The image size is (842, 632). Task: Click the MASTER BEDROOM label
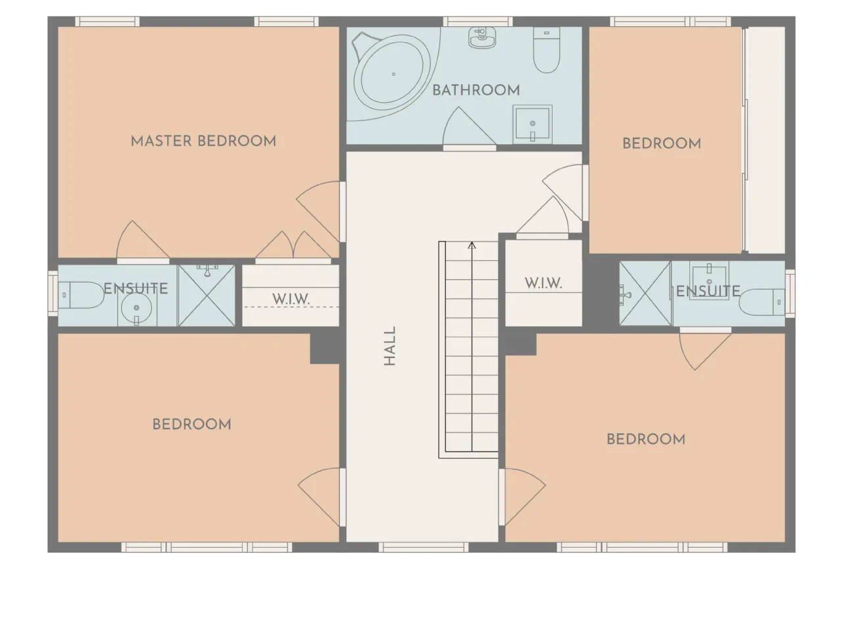203,141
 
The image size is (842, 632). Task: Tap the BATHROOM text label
476,91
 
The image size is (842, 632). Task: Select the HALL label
389,346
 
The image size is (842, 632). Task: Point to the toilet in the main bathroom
547,50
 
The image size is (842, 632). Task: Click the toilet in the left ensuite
81,295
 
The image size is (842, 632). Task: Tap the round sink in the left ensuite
137,307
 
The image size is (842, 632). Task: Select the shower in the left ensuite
207,296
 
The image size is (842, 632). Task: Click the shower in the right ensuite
645,294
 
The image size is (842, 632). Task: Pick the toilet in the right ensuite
762,302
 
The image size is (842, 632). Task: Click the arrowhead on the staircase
472,245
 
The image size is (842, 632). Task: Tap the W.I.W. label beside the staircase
543,283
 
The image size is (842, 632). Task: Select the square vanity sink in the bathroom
532,124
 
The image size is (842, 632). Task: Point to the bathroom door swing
470,126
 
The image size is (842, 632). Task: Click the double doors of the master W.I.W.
293,246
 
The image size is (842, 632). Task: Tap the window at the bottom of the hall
424,547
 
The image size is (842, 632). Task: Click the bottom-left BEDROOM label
192,425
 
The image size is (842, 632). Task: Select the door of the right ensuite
705,349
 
